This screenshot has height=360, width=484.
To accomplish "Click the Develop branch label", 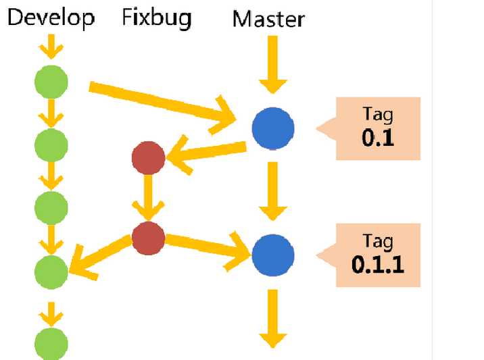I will coord(51,18).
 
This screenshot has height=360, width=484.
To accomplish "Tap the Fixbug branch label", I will coord(156,17).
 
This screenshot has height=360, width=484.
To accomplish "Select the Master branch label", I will coord(268,18).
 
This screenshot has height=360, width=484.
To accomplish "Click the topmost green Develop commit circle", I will coord(51,82).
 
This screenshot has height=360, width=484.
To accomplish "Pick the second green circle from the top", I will coord(51,144).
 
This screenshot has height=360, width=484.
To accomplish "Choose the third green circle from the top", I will coord(51,207).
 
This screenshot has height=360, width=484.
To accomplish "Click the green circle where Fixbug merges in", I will coord(51,272).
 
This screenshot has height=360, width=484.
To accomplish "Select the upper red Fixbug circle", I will coord(149,159).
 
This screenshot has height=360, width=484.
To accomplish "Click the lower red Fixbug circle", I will coord(149,237).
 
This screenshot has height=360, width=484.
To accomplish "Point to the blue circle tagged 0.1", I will coord(273,128).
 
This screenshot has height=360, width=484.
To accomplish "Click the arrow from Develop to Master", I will coord(162,102).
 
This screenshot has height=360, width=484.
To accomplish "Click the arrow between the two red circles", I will coord(149,198).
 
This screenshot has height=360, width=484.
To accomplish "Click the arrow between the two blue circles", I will coord(273,191).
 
